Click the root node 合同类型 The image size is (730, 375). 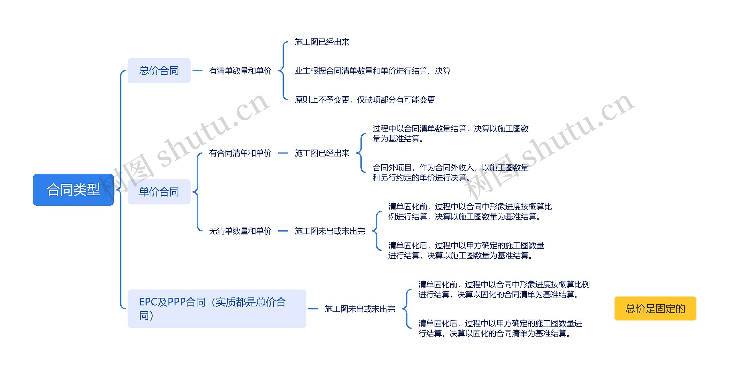coord(73,190)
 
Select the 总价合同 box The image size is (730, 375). coord(159,71)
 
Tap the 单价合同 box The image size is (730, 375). coord(159,192)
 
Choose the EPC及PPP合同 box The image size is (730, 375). coord(217,309)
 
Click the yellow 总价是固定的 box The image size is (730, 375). coord(655,309)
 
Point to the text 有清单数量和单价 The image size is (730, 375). coord(240,71)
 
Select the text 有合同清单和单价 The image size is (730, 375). coord(240,153)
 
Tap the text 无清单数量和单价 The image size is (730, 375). coord(240,231)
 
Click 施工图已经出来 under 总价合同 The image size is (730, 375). coord(322,42)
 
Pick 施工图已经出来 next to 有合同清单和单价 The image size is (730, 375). coord(322,153)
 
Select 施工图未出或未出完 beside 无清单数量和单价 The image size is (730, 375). coord(330,231)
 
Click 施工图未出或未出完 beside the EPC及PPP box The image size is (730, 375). coord(360,309)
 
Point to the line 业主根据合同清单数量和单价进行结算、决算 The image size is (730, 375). coord(372,71)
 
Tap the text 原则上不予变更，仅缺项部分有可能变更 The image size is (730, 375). coord(365,100)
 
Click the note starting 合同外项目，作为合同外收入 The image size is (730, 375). coord(450,173)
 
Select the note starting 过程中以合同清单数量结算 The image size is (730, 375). coord(450,133)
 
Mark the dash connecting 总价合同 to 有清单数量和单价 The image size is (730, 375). coord(197,71)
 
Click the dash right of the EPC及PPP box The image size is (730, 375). coord(313,309)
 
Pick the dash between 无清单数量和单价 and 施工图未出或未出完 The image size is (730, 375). coord(283,231)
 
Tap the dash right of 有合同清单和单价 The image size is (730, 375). coord(283,153)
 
